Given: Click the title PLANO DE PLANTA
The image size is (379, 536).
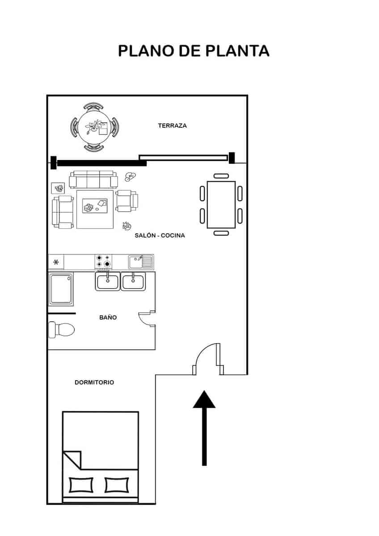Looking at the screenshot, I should point(194,51).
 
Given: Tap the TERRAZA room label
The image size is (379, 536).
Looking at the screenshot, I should point(172,126).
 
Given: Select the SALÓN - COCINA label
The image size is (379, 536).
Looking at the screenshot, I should point(160,235).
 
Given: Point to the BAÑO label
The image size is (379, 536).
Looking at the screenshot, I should point(108,318).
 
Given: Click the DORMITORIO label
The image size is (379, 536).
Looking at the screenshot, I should point(94,382).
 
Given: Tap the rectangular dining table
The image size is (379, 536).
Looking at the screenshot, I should point(221,204).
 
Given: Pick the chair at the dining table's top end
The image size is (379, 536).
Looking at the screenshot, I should point(221,176).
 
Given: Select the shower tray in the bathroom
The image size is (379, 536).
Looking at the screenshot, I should point(60,289).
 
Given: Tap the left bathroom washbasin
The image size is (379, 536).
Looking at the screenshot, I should point(107,282).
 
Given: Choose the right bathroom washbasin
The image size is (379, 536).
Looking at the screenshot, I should point(133,282).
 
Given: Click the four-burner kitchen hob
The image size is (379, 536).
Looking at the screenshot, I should point(103,261).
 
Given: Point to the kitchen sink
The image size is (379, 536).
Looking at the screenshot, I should point(140,262).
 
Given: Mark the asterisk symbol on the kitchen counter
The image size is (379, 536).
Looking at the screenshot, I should point(56,262).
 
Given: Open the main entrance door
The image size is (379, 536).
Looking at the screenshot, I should point(208,357).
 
